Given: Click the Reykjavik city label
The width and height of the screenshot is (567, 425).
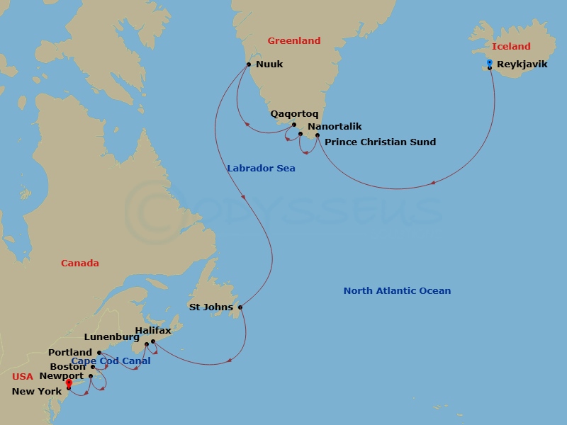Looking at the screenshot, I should pos(522,64).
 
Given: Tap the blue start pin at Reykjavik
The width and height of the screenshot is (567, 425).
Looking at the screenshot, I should pos(490,64).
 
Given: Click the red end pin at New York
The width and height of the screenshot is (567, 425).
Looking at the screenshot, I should pos(69,385).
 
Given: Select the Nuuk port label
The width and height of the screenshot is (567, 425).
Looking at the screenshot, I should pos(269,64).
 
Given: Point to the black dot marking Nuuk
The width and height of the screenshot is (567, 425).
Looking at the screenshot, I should pos(249,64).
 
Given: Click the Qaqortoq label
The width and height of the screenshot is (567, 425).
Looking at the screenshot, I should pos(294,113).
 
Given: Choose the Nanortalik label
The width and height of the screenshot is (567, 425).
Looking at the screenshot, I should pos(335,127).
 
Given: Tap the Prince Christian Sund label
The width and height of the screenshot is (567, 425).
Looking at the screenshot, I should pos(380,142).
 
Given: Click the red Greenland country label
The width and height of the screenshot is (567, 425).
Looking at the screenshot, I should pos(293,41).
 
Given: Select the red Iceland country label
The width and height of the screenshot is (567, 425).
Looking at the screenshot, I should pos(511,47).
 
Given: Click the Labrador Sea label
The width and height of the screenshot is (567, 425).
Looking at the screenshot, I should pos(261,169).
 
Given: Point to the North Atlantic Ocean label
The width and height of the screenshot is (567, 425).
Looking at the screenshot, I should pos(397,291).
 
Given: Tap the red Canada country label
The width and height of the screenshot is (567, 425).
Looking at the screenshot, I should pos(80,263).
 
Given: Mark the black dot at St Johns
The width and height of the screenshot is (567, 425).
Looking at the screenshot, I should pos(240,307).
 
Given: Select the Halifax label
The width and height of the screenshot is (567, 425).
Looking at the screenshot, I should pos(152,331).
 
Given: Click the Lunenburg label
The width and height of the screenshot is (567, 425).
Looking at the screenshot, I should pos(111,337).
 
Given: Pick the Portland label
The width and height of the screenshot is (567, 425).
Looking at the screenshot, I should pos(70,352).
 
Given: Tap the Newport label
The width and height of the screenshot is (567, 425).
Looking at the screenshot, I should pos(62,376).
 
